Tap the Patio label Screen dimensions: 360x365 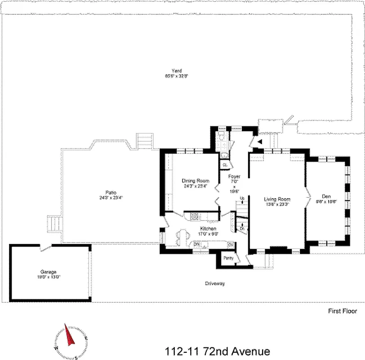click(x=105, y=192)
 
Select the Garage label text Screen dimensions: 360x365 click(x=48, y=272)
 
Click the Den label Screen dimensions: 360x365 click(x=326, y=196)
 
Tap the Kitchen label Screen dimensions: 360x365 click(x=208, y=229)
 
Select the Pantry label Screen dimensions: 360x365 click(x=228, y=258)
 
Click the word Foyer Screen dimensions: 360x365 click(x=234, y=176)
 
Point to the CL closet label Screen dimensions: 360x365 click(x=225, y=165)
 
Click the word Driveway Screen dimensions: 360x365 click(x=214, y=283)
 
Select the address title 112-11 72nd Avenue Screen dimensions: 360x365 click(x=218, y=351)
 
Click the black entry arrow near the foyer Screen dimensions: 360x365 click(x=260, y=142)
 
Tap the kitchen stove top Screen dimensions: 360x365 click(x=194, y=216)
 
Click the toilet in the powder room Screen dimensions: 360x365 click(x=221, y=138)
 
